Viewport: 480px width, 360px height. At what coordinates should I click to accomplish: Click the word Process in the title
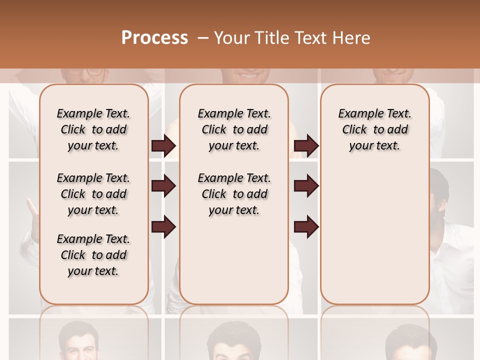154,37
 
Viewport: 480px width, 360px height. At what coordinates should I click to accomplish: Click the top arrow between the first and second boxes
163,145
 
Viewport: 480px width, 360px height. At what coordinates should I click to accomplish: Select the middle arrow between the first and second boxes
163,186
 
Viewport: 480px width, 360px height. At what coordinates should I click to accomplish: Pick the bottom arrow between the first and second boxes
163,227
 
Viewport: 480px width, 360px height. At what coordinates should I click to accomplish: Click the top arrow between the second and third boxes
306,145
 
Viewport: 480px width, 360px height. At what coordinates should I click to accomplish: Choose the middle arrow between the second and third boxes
306,186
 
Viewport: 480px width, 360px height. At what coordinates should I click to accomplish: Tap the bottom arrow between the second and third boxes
306,227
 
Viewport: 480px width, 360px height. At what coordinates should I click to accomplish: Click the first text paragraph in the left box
93,129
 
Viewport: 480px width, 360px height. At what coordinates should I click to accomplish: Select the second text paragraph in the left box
93,194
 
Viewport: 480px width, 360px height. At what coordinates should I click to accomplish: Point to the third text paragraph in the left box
93,255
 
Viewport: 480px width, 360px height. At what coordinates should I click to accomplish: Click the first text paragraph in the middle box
234,129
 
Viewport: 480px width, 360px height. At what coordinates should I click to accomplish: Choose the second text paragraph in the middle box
234,194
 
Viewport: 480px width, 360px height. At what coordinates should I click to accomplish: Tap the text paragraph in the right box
375,129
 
